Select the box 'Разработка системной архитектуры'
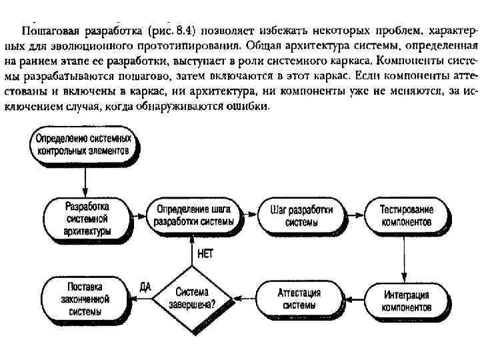pos(88,216)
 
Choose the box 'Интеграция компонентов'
pos(406,301)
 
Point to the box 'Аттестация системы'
pos(301,298)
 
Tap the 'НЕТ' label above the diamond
pos(206,253)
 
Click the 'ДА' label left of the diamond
pos(145,287)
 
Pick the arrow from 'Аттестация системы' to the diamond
pos(243,299)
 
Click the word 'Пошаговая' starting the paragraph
pos(45,30)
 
